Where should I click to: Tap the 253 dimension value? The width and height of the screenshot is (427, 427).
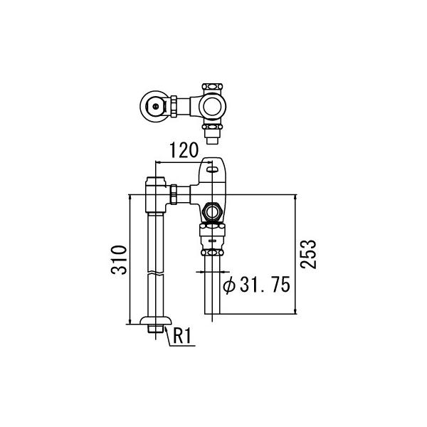308,253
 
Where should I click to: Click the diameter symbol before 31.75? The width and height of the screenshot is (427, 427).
229,286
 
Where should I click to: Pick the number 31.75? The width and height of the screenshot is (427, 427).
263,286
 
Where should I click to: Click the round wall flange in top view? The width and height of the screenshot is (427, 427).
154,107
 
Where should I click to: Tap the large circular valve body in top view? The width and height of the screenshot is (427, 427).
212,107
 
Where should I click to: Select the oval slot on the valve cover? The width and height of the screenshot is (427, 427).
211,169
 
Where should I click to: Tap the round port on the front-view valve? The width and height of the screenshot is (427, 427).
211,211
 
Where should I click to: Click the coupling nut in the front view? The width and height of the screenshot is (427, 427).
175,194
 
